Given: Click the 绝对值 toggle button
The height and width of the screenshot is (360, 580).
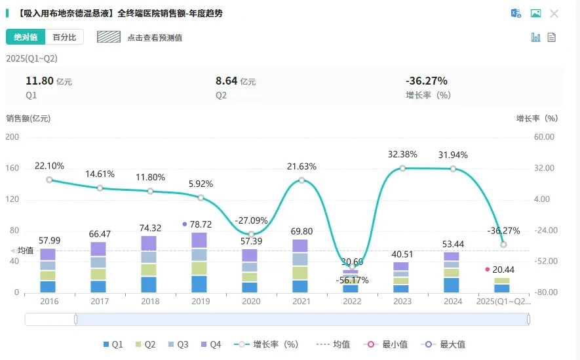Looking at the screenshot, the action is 26,37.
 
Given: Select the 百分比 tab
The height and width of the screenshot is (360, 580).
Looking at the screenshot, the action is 64,37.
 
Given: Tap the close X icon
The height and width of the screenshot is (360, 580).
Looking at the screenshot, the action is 554,14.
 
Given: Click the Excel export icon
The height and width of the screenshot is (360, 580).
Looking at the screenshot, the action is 516,13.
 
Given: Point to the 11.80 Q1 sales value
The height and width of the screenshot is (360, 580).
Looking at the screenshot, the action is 39,81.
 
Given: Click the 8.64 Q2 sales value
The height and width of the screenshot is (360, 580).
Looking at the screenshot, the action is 226,81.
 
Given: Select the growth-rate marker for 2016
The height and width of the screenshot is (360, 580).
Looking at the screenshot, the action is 50,180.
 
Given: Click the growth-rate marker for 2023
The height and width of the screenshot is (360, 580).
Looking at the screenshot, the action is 402,169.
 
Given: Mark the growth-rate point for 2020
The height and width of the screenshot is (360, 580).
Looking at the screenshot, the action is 251,234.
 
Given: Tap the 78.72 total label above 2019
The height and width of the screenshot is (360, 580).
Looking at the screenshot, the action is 201,224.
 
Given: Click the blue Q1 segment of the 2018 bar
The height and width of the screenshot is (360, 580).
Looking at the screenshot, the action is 149,285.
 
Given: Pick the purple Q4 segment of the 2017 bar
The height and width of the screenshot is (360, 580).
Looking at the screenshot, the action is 98,249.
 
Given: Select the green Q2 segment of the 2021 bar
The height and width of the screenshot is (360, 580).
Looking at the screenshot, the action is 300,273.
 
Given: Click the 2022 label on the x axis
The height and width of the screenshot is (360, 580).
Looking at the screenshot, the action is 352,302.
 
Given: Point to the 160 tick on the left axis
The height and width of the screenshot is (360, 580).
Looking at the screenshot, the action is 12,168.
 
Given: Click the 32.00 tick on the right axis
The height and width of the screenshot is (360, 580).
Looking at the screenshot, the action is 544,168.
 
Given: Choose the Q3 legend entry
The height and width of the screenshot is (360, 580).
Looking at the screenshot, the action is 178,344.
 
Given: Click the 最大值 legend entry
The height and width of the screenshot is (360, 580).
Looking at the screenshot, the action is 443,344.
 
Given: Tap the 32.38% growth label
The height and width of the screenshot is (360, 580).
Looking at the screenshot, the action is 402,154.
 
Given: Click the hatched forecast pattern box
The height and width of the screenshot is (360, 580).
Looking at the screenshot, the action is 109,37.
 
